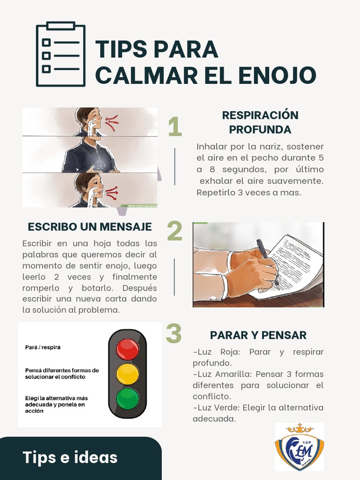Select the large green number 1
point(175,127)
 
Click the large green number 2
point(175,231)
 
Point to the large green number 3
point(173,334)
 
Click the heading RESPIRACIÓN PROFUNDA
point(260,122)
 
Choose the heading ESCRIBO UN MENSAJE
point(90,227)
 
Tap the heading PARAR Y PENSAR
point(258,335)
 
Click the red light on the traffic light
point(127,349)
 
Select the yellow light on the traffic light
point(127,374)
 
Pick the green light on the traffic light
point(127,398)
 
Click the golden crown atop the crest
point(299,428)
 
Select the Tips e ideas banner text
point(70,457)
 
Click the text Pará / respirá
point(43,347)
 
